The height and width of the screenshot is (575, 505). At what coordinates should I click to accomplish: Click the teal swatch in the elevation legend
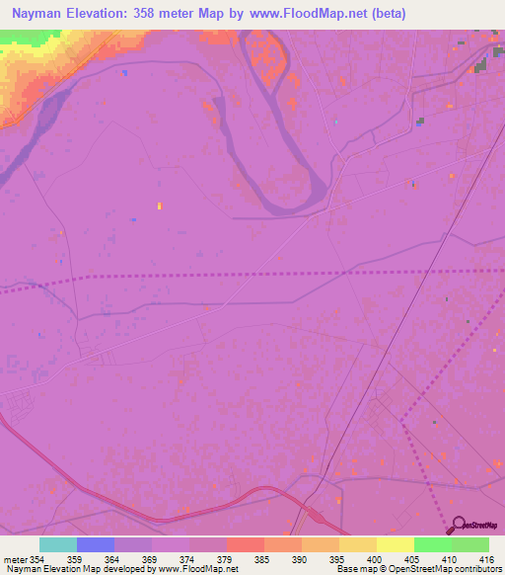(58, 544)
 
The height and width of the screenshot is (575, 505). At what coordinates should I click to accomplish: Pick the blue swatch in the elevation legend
(96, 544)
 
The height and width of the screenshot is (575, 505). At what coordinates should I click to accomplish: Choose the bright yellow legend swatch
(396, 544)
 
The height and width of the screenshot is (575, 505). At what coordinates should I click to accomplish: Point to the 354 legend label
(39, 558)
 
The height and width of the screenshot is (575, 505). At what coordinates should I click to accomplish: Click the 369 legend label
(151, 558)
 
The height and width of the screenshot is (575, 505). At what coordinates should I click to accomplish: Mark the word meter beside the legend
(14, 558)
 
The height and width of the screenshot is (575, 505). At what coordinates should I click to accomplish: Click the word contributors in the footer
(476, 569)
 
